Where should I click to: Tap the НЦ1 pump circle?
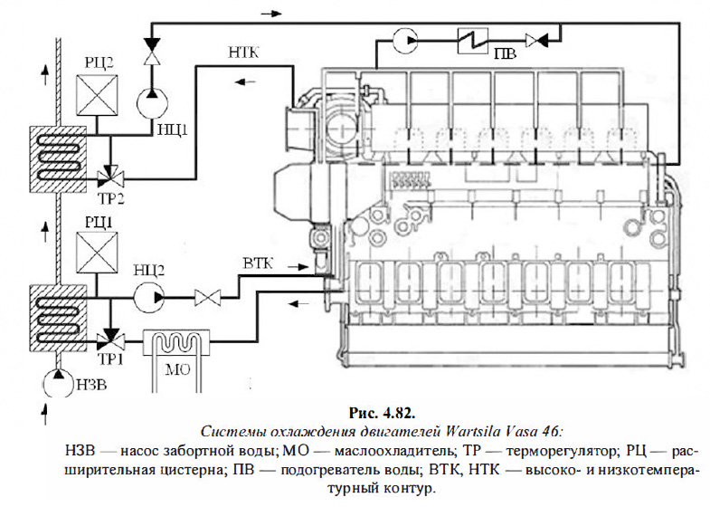tap(151, 102)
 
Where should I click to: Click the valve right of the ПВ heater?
tap(535, 39)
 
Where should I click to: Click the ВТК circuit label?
tap(258, 263)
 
